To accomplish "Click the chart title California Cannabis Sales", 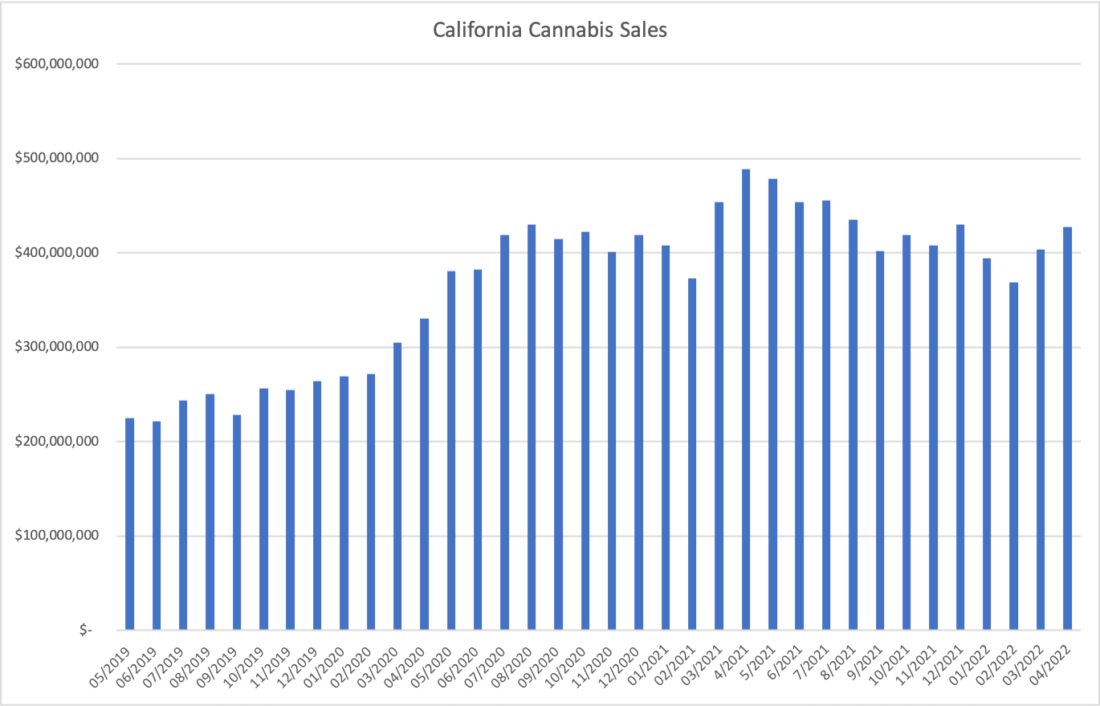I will (x=550, y=31).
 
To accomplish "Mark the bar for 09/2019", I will (x=237, y=522).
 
